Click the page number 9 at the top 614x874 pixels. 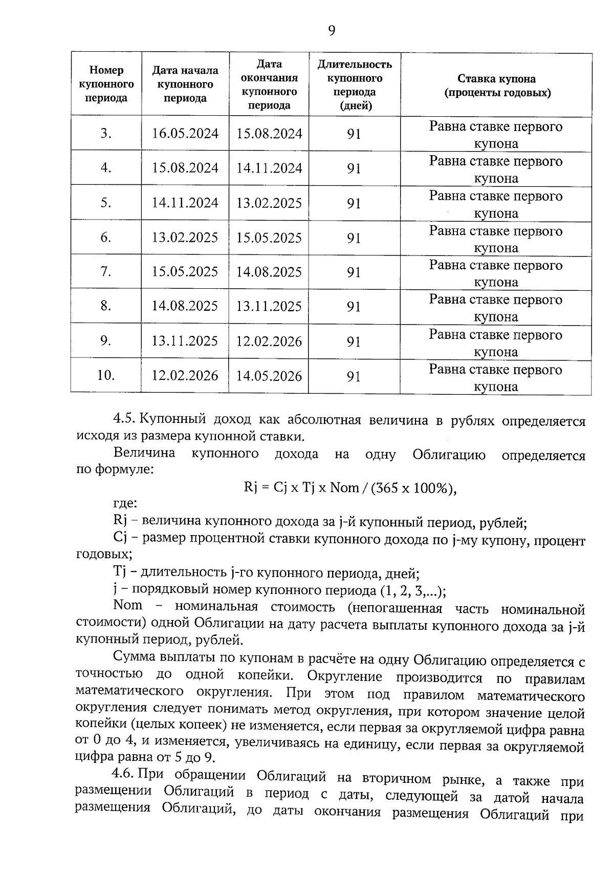[x=332, y=31]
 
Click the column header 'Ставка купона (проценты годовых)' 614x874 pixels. [x=496, y=86]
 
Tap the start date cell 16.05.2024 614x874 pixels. [x=185, y=134]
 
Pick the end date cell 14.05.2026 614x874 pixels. [x=269, y=376]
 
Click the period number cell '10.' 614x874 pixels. [x=106, y=375]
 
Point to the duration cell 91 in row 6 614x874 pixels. [x=354, y=238]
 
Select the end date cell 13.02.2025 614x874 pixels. [x=269, y=203]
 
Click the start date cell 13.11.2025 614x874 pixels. [x=185, y=341]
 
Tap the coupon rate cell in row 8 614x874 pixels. [x=495, y=307]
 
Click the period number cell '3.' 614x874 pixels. [x=106, y=134]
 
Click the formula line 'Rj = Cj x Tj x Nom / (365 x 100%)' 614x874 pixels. [x=350, y=488]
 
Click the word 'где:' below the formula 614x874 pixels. [x=125, y=504]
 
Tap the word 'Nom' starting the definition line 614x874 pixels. [x=128, y=605]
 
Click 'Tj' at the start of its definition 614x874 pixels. [x=120, y=572]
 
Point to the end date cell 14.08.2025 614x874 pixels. [x=269, y=272]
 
